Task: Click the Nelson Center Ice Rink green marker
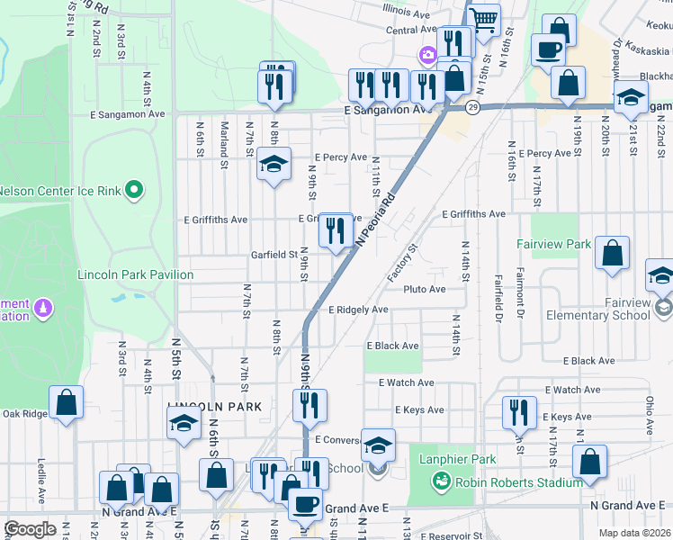coord(134,190)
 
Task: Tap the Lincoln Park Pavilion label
coord(135,274)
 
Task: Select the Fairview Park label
coord(553,244)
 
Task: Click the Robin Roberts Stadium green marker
coord(441,482)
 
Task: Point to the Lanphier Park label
coord(457,460)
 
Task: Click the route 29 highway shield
coord(472,107)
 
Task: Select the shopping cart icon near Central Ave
coord(483,20)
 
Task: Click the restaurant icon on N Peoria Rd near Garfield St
coord(336,232)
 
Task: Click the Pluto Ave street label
coord(425,289)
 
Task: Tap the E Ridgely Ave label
coord(358,310)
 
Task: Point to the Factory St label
coord(402,262)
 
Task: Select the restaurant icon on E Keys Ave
coord(517,413)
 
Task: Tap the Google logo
coord(30,529)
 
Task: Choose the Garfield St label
coord(274,255)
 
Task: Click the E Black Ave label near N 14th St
coord(392,346)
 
